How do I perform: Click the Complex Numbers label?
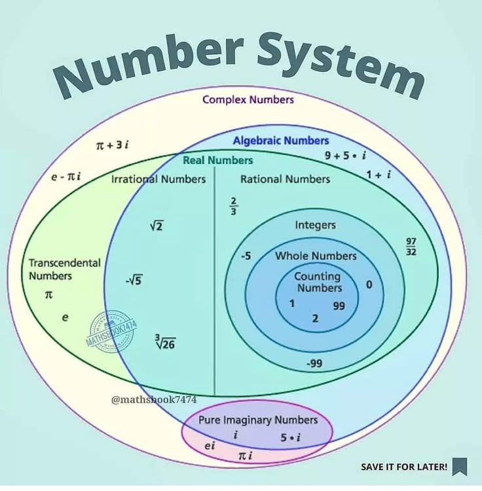(248, 99)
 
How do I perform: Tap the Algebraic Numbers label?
(281, 140)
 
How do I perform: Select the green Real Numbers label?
(217, 160)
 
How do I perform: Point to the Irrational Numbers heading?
(158, 179)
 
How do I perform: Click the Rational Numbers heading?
(285, 179)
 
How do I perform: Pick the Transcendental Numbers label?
(64, 269)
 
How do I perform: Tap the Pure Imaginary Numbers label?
(258, 420)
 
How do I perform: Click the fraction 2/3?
(234, 205)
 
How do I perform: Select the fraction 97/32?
(411, 246)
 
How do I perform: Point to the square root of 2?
(156, 226)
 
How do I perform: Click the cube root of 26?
(165, 342)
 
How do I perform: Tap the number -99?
(314, 364)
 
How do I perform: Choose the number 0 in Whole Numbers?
(369, 284)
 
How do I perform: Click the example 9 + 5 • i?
(345, 156)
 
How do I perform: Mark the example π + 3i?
(112, 144)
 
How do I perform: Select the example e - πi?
(66, 177)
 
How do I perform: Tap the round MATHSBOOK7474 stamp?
(111, 331)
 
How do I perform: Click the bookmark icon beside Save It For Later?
(460, 466)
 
